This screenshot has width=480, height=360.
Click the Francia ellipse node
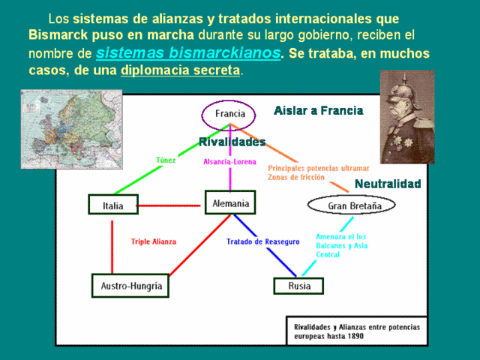[229, 115]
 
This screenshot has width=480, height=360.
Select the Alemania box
[230, 202]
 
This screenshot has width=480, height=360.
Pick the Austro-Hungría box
[130, 286]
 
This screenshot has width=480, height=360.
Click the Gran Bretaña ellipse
[351, 205]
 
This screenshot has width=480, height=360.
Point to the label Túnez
[166, 160]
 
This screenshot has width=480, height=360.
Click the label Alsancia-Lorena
[230, 161]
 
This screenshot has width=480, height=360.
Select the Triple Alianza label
[154, 241]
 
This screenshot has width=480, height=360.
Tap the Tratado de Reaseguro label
[263, 241]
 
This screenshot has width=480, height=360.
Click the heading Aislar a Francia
[319, 110]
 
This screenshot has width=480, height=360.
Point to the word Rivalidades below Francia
[232, 142]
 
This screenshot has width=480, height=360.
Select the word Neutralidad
[388, 184]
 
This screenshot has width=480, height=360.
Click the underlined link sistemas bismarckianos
[188, 53]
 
